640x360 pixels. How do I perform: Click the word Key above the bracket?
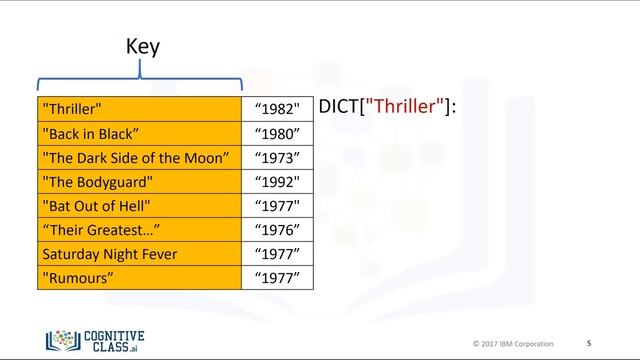[142, 46]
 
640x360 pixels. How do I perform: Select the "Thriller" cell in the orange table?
[139, 108]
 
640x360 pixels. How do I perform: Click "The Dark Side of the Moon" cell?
[139, 157]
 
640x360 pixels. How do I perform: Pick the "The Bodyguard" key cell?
[139, 182]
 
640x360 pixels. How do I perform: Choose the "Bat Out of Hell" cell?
[139, 206]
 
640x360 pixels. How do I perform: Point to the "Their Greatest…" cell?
[139, 230]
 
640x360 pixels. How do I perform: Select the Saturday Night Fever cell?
[139, 254]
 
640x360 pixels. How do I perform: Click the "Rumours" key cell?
[139, 278]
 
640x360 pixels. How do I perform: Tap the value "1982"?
[277, 108]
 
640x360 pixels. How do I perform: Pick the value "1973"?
[277, 157]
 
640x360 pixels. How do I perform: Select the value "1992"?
[277, 182]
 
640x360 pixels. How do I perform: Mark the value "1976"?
[277, 230]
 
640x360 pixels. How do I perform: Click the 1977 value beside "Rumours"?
[277, 278]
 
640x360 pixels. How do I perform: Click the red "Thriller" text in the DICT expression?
[404, 106]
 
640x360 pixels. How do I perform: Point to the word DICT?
[338, 106]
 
